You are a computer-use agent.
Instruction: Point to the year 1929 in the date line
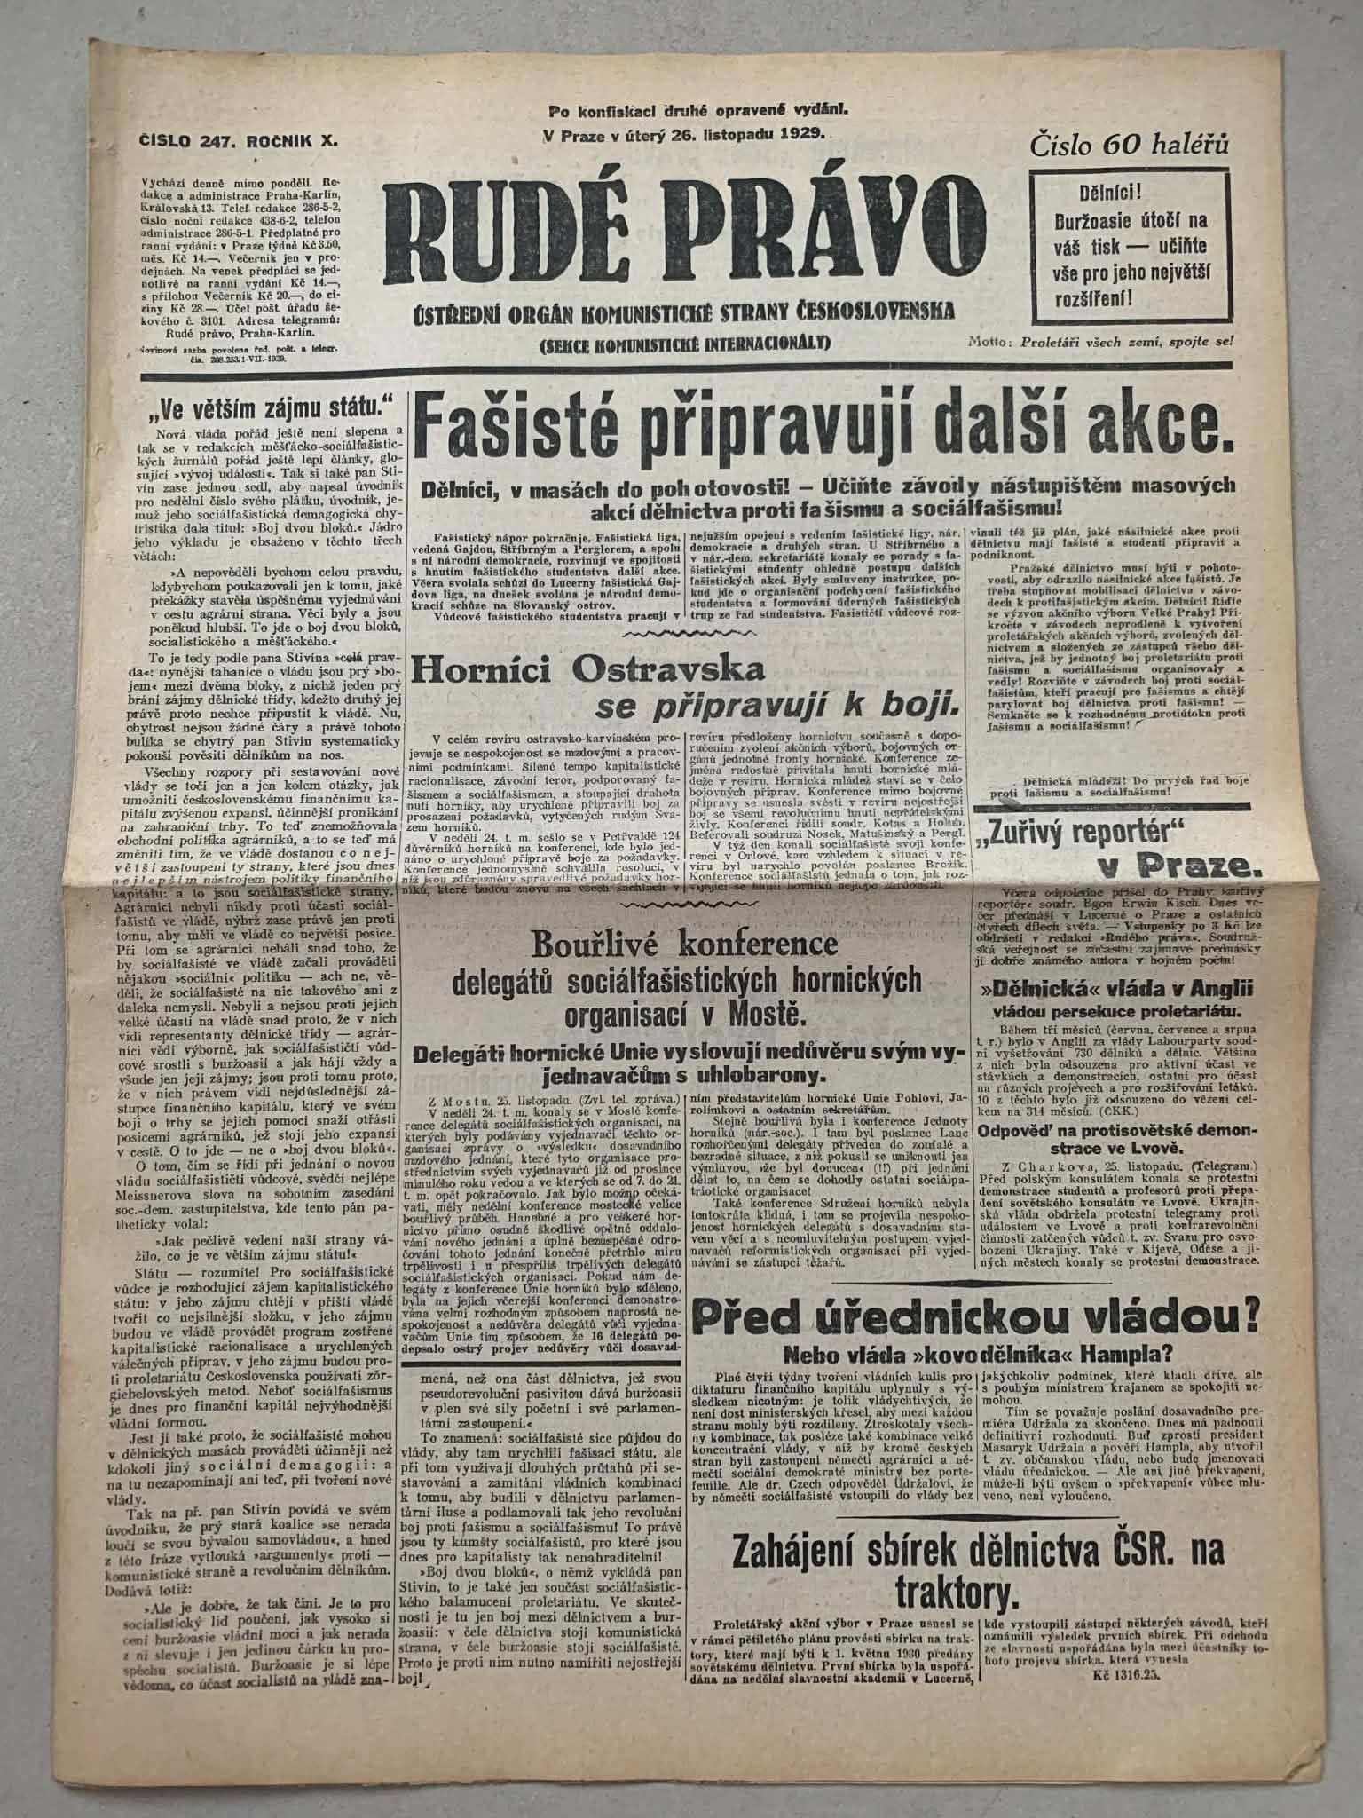point(800,134)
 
